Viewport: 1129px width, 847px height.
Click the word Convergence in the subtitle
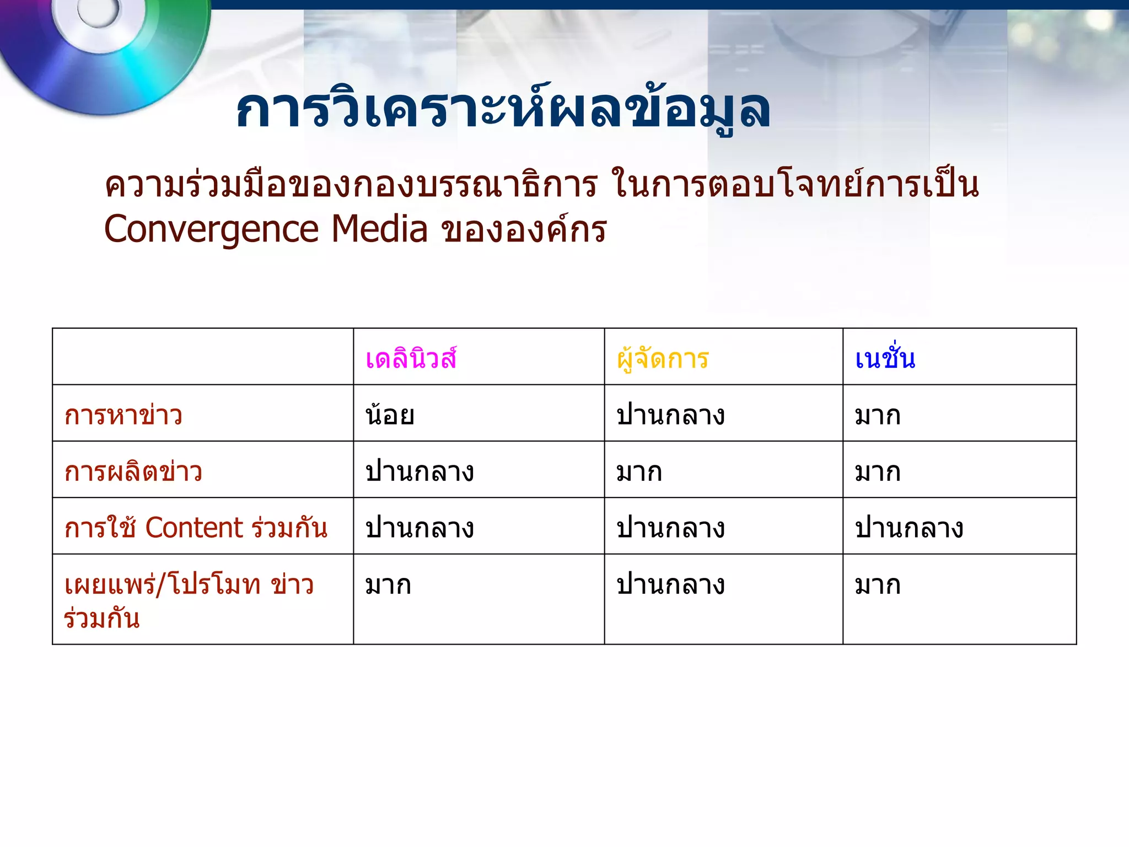click(211, 229)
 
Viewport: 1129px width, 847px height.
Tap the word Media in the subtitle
click(379, 229)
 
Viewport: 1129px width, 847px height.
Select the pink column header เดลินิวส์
click(411, 359)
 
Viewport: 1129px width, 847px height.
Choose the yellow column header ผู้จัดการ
click(663, 359)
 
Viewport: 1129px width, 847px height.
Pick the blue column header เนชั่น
click(885, 359)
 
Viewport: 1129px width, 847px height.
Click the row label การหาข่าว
click(123, 415)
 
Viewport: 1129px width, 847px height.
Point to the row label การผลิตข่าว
click(133, 472)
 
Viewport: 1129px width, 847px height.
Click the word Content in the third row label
click(194, 528)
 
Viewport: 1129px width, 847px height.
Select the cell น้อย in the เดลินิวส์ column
click(390, 415)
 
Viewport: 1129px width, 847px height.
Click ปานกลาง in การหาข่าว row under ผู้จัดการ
click(670, 415)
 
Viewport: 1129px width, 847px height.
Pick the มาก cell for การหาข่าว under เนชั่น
click(878, 415)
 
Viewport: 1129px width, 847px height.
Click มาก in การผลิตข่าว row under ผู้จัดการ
click(639, 472)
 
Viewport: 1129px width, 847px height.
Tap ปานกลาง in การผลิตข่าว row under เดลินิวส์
click(420, 472)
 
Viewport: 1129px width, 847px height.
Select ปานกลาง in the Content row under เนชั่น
click(909, 528)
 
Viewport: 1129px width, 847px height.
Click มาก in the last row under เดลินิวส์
click(388, 585)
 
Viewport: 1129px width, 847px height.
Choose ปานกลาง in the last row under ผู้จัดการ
click(670, 585)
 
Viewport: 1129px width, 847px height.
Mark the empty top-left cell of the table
click(203, 357)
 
